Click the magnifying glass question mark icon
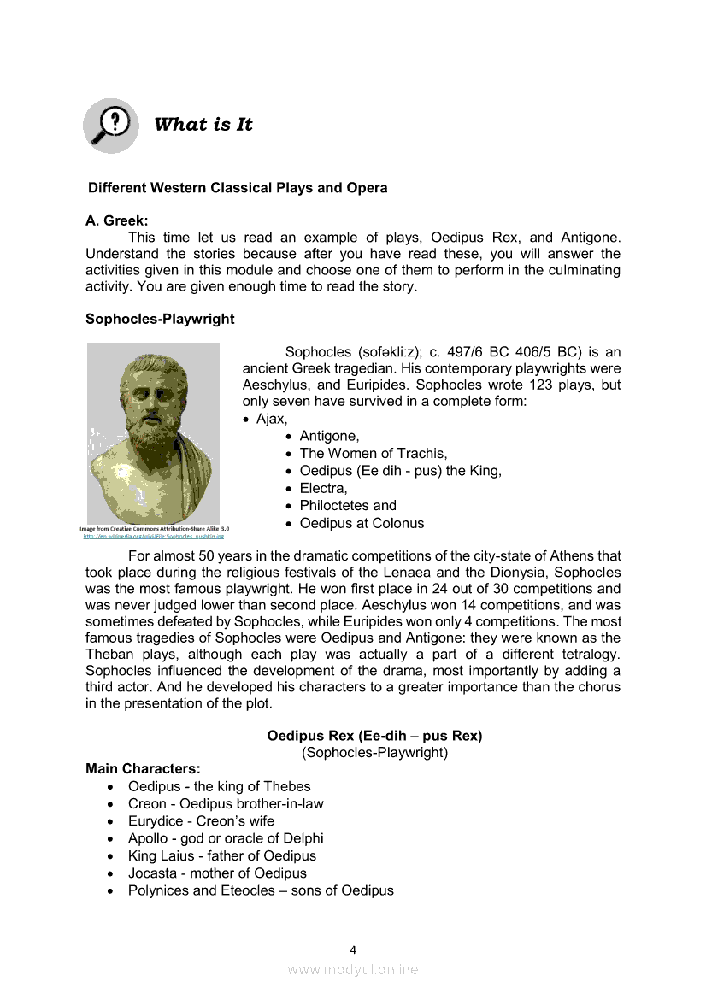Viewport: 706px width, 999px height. tap(111, 125)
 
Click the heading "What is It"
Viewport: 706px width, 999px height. tap(203, 125)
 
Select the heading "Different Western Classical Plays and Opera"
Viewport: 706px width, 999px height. tap(238, 188)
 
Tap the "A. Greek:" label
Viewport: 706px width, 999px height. tap(117, 220)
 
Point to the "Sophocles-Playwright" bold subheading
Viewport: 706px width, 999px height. tap(160, 320)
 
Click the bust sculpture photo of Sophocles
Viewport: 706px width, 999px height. tap(153, 433)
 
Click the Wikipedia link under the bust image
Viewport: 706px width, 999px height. tap(153, 537)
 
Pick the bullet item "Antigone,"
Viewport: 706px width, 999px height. tap(329, 437)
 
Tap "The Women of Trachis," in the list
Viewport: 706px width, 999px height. tap(373, 454)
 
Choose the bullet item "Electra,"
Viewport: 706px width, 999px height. tap(323, 489)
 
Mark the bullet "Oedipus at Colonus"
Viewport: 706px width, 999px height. tap(362, 523)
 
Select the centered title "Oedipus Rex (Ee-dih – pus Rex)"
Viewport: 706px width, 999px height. tap(374, 736)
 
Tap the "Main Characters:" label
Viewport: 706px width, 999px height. tap(143, 769)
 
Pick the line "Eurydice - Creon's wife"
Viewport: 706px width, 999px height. tap(201, 821)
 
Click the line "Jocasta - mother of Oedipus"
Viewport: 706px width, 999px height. tap(217, 873)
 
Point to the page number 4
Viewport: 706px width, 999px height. tap(353, 949)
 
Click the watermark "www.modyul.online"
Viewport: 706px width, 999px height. tap(353, 970)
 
